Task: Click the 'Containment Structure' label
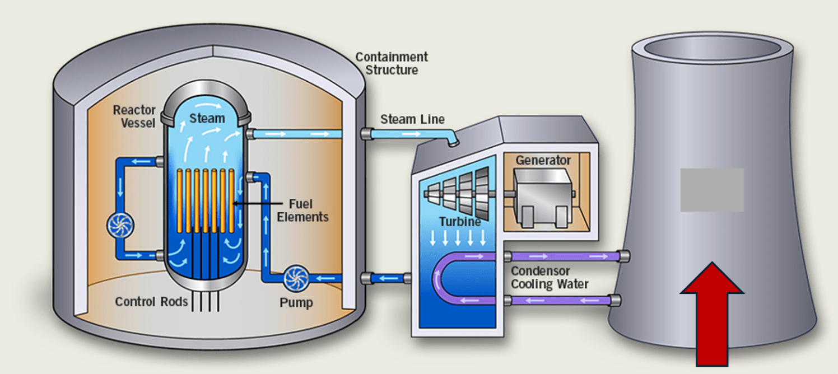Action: tap(392, 63)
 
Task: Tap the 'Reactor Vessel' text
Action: tap(134, 116)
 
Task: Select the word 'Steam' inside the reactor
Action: tap(207, 118)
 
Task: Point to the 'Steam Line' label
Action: tap(412, 119)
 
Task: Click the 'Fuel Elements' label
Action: tap(302, 210)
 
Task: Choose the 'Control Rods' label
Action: tap(151, 301)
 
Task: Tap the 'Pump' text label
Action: tap(296, 302)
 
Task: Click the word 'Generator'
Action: tap(543, 160)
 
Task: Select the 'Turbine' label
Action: tap(460, 221)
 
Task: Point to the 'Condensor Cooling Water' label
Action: tap(550, 277)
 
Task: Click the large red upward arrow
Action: tap(712, 314)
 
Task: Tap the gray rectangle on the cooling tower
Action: tap(712, 190)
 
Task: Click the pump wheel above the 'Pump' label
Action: tap(296, 279)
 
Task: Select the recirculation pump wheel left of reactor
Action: tap(120, 225)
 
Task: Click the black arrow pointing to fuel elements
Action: tap(258, 203)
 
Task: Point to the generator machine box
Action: tap(542, 198)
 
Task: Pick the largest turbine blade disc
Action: tap(482, 193)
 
